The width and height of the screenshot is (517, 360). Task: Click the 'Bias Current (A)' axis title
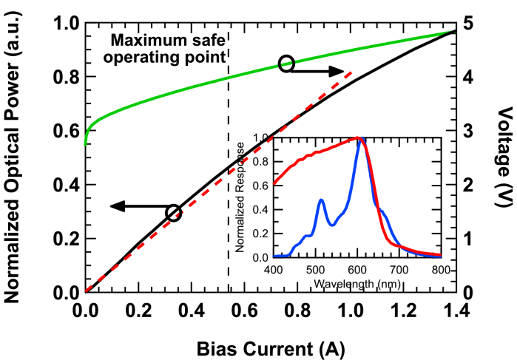pyautogui.click(x=270, y=345)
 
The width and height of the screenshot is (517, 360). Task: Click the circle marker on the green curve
pyautogui.click(x=287, y=64)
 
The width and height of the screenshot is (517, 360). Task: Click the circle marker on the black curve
pyautogui.click(x=173, y=213)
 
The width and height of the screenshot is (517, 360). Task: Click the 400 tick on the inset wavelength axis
pyautogui.click(x=274, y=270)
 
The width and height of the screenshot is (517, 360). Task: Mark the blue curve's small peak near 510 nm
pyautogui.click(x=320, y=200)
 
